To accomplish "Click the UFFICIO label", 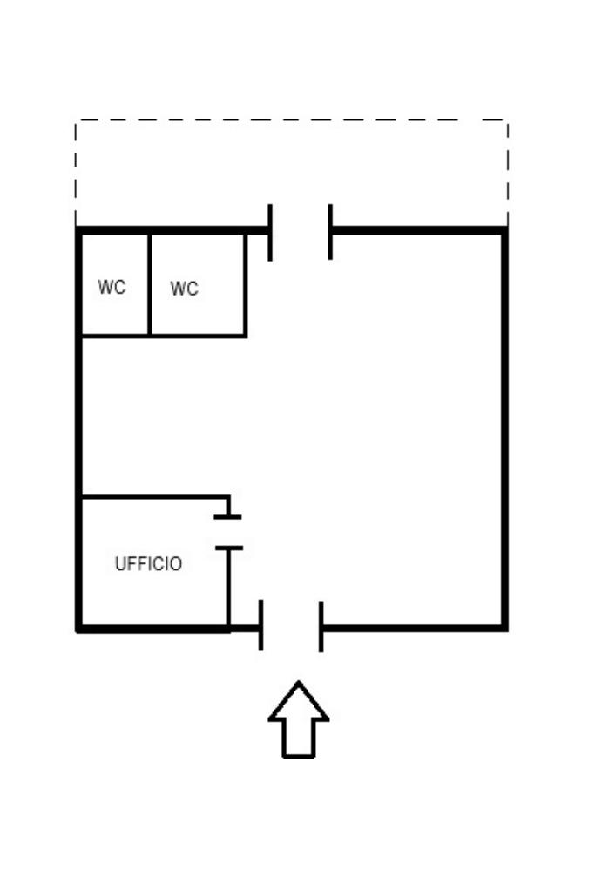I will [x=148, y=564].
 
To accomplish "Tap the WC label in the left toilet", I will [x=112, y=288].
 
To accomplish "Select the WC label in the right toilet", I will [x=184, y=289].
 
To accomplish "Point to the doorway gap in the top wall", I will [x=301, y=231].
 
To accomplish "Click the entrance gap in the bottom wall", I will [x=291, y=627].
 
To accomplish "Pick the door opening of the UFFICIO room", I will [x=228, y=533].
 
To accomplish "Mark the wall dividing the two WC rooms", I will [x=150, y=283].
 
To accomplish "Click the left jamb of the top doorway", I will [x=270, y=232].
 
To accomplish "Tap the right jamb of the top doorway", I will [x=330, y=232].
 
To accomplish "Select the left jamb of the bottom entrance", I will [x=260, y=625].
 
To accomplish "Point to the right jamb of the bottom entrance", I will [x=321, y=626].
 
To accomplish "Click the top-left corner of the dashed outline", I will [x=76, y=120].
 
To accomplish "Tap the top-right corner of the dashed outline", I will [x=507, y=120].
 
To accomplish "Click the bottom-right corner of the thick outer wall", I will [x=504, y=627].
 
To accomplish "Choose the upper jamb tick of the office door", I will [x=228, y=517].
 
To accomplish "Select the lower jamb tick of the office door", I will [x=228, y=548].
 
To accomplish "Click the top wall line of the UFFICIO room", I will [x=152, y=497].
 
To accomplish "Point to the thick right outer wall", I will [x=504, y=427].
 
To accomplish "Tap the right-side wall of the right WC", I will [x=246, y=283].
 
